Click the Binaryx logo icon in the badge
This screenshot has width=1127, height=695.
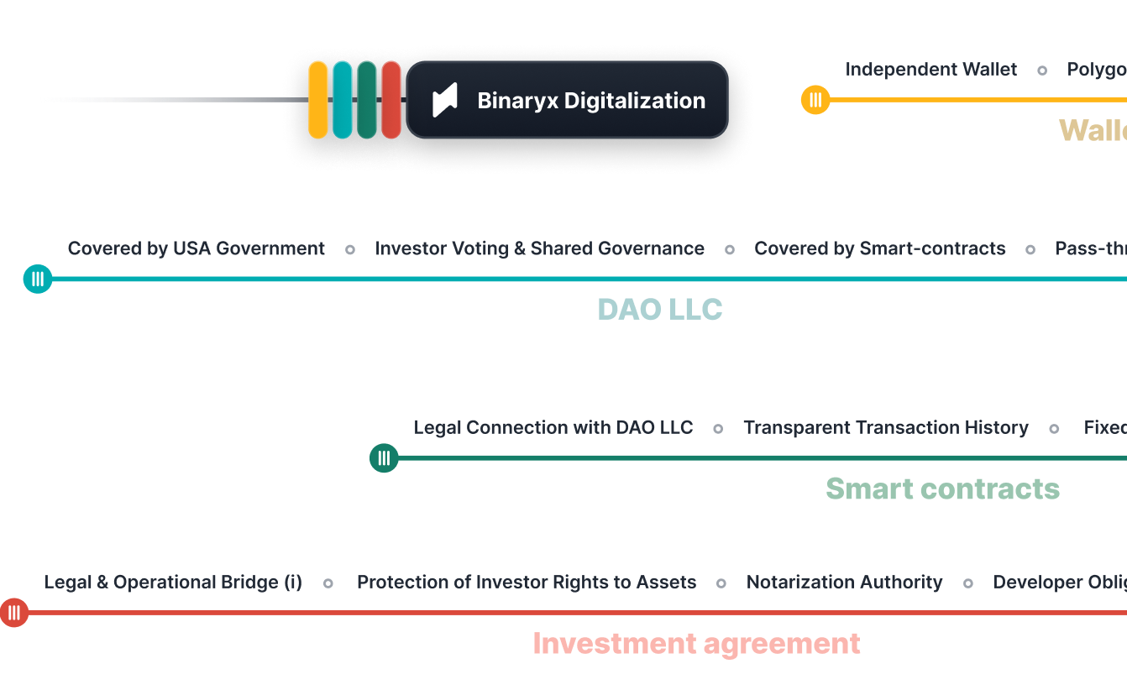coord(445,101)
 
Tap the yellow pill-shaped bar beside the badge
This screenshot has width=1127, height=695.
coord(318,100)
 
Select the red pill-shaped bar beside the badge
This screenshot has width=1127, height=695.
coord(391,100)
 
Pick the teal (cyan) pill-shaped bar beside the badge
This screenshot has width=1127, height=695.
coord(343,100)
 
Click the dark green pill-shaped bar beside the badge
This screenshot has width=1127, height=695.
coord(367,100)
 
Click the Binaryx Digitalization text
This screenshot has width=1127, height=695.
coord(591,101)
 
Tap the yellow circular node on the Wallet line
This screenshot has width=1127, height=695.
coord(815,100)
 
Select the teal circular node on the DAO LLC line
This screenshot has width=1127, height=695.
coord(38,279)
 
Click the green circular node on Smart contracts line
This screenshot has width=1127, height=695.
coord(384,457)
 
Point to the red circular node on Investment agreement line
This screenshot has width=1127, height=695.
coord(14,613)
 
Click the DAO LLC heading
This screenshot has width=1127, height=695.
coord(659,310)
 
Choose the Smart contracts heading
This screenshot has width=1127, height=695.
coord(942,489)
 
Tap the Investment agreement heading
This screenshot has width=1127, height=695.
coord(696,644)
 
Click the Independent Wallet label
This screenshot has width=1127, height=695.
coord(930,70)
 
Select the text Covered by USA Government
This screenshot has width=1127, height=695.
coord(196,248)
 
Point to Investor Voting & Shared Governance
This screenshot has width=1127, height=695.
coord(539,248)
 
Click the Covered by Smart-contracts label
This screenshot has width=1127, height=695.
coord(879,248)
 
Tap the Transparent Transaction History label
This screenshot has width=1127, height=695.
coord(885,427)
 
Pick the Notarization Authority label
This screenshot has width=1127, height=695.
coord(844,583)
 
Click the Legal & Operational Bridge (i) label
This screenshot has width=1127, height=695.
coord(173,583)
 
